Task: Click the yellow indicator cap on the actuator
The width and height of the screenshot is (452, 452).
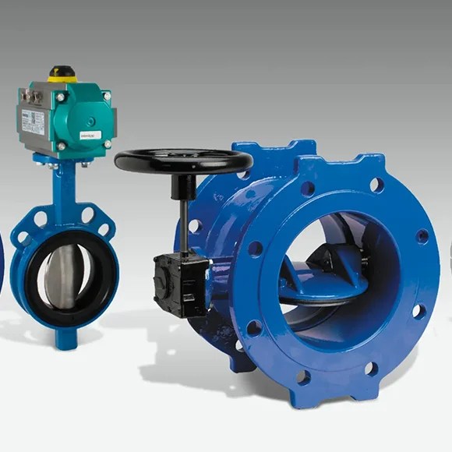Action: tap(62, 74)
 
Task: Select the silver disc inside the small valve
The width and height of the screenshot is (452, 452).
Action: tap(62, 277)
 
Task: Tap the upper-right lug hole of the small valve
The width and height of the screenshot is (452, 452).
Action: tap(88, 214)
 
